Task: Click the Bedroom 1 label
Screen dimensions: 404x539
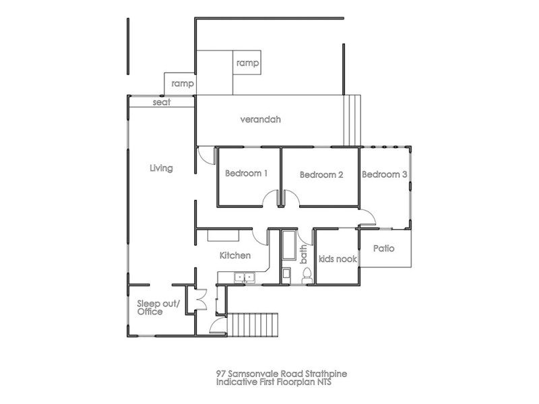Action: [x=246, y=174]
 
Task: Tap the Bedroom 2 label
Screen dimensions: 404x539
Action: [x=321, y=175]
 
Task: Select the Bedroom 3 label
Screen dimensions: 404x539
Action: [x=385, y=174]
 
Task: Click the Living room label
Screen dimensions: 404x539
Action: [x=161, y=168]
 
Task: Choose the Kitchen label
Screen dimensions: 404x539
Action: [x=235, y=256]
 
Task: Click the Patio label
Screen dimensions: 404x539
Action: [x=383, y=248]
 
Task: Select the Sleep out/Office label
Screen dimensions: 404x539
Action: [x=158, y=308]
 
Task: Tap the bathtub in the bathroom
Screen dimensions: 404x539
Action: [x=288, y=248]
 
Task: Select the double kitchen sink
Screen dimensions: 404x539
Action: [x=243, y=276]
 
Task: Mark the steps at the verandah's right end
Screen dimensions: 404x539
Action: [x=352, y=120]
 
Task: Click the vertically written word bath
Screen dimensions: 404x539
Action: [x=304, y=255]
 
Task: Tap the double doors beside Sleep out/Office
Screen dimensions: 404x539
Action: [x=200, y=299]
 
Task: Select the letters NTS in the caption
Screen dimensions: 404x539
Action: [x=326, y=382]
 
